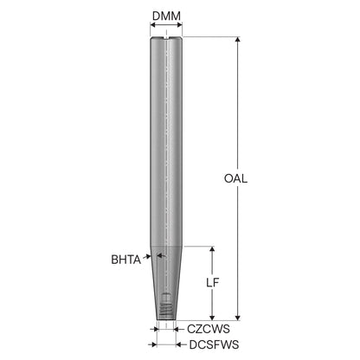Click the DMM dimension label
(166, 16)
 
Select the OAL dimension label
(235, 178)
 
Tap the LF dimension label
(213, 283)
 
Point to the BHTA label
(126, 260)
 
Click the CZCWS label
(209, 329)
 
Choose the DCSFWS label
(214, 344)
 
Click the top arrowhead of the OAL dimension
(237, 40)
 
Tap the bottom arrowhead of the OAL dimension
(237, 318)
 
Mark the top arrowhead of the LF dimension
(212, 249)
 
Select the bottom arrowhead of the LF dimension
(212, 318)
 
